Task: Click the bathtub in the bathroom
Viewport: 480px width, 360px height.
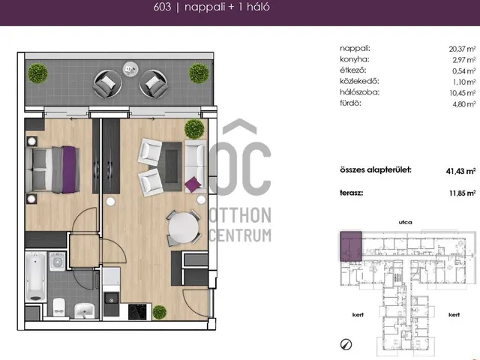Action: click(x=36, y=277)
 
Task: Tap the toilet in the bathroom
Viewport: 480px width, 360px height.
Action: click(x=58, y=307)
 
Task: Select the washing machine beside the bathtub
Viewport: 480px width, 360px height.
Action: click(x=57, y=262)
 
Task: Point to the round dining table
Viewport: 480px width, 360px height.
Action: click(x=183, y=228)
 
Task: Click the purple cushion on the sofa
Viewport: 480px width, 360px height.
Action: click(x=193, y=184)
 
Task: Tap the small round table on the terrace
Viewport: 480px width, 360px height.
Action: click(x=130, y=68)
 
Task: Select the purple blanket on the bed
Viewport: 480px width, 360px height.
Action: click(x=69, y=169)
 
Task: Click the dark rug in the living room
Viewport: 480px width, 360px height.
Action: click(x=172, y=166)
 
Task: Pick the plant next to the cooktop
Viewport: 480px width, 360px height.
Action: click(x=160, y=312)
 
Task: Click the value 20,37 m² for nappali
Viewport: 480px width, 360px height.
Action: click(x=462, y=49)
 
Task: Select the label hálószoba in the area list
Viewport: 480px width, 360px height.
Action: click(x=359, y=92)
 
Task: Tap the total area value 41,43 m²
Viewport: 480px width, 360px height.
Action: click(x=460, y=171)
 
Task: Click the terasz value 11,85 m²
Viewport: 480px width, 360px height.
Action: click(x=462, y=193)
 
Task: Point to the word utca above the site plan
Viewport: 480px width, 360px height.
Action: click(x=405, y=222)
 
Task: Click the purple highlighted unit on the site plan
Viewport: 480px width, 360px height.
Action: click(x=351, y=246)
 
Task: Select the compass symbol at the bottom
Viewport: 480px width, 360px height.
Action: click(x=346, y=344)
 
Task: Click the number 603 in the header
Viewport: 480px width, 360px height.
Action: click(x=162, y=7)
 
